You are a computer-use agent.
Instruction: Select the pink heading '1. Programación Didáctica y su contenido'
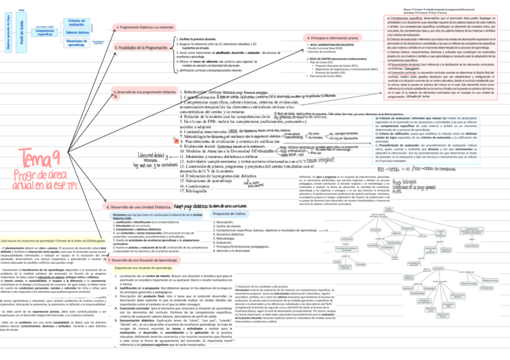click(144, 28)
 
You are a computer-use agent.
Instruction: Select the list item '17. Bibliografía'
click(196, 191)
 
